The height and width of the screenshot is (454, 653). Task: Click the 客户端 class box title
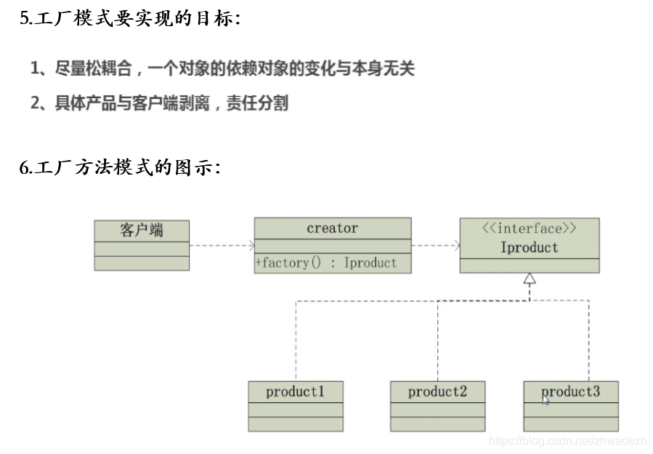pos(142,231)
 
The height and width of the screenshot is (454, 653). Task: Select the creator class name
pos(332,228)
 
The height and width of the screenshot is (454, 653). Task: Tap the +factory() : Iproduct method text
pos(326,263)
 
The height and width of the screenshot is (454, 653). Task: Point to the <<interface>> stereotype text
pos(530,228)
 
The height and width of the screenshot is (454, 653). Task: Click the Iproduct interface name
pos(530,247)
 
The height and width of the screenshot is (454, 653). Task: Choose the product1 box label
pos(294,391)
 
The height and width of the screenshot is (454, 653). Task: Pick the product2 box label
pos(437,391)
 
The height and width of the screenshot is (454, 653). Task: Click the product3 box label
pos(571,391)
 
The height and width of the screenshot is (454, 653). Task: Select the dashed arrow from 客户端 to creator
pos(222,246)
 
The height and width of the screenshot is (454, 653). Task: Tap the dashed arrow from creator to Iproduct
pos(435,246)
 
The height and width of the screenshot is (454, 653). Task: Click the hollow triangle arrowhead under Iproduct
pos(530,278)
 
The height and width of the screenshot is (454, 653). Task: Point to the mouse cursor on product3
pos(546,399)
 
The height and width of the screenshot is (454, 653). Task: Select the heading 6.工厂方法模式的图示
pos(119,168)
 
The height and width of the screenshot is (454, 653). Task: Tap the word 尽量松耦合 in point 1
pos(94,69)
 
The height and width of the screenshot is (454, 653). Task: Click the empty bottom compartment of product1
pos(295,424)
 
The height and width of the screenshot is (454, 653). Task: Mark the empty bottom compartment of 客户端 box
pos(142,263)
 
